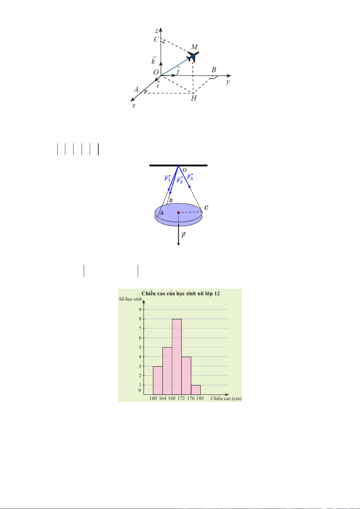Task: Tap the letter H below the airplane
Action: coord(193,98)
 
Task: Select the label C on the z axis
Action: coord(156,40)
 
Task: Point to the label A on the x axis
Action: coord(136,89)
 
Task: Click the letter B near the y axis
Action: coord(214,70)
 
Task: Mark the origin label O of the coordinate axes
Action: coord(156,72)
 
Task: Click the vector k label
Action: coord(154,60)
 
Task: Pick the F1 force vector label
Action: coord(167,179)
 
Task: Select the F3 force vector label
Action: coord(190,177)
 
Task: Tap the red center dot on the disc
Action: coord(179,213)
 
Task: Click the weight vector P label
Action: coord(183,235)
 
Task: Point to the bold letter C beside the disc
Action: coord(206,208)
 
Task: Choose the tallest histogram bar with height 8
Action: coord(177,357)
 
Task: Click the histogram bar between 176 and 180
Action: coord(196,390)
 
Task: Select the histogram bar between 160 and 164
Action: coord(158,380)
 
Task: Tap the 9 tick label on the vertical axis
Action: coord(140,309)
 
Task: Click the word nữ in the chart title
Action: coord(201,294)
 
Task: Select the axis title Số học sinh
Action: coord(131,299)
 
